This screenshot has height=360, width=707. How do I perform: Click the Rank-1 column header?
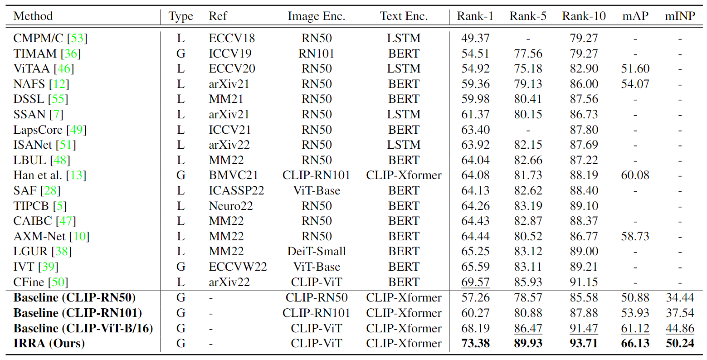point(475,16)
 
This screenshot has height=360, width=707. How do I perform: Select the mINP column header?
point(680,16)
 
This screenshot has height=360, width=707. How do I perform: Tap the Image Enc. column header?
point(316,16)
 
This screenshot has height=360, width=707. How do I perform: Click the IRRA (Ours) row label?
point(49,343)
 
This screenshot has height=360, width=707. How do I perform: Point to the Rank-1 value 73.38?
point(475,343)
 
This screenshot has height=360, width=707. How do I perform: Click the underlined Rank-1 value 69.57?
point(475,282)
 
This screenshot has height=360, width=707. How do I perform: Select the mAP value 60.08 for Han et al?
point(635,175)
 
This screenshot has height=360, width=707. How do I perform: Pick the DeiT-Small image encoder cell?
point(316,252)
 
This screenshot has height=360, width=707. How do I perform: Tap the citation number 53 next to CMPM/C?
point(77,39)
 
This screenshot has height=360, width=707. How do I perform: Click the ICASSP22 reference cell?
point(236,191)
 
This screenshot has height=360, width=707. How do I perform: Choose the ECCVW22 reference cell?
point(238,267)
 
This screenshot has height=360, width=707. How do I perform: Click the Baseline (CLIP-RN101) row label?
point(78,313)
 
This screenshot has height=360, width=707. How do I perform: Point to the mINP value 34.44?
point(680,298)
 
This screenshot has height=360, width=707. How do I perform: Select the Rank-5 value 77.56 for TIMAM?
point(528,54)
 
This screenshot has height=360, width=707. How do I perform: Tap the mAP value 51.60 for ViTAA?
point(635,69)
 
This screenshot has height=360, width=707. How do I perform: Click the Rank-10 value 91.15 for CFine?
point(584,282)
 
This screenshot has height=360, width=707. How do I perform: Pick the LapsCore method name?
point(38,130)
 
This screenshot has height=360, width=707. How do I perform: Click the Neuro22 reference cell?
point(230,206)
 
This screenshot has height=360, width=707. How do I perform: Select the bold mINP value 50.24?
point(680,343)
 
